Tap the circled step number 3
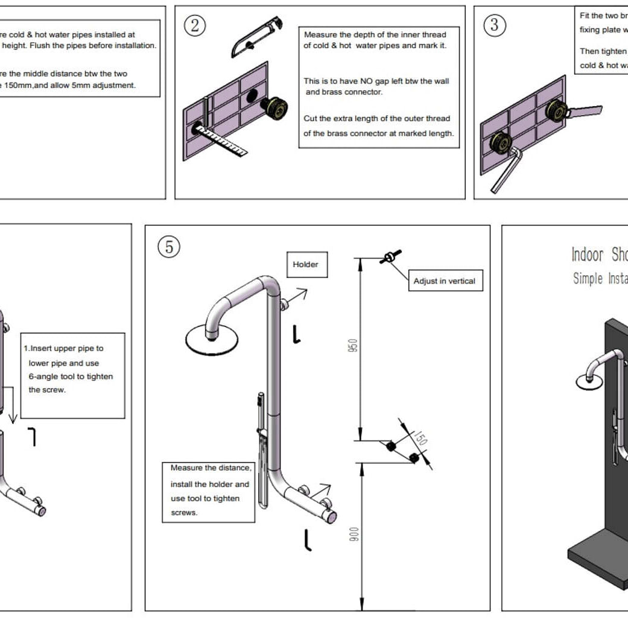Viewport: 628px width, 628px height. click(495, 25)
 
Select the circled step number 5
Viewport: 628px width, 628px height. click(169, 247)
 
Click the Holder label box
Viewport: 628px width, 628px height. click(306, 264)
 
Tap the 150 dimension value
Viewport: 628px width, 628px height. click(420, 439)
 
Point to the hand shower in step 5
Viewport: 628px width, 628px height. click(260, 446)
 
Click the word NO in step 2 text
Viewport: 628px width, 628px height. click(370, 81)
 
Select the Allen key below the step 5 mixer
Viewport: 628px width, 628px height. click(308, 539)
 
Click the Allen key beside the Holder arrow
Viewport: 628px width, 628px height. click(296, 334)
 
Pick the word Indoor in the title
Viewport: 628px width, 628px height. click(587, 255)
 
